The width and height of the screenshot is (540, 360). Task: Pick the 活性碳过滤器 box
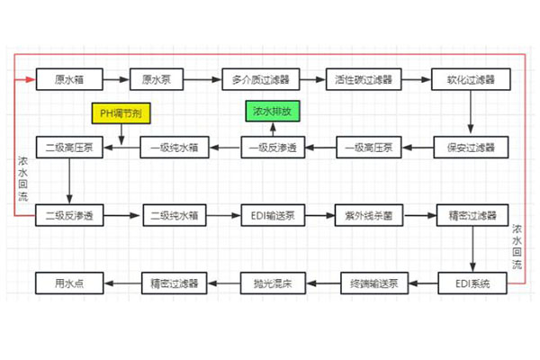pyautogui.click(x=364, y=79)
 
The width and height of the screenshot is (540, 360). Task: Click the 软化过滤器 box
pyautogui.click(x=471, y=79)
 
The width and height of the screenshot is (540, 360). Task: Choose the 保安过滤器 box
pyautogui.click(x=471, y=147)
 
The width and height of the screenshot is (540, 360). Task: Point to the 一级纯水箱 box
pyautogui.click(x=173, y=147)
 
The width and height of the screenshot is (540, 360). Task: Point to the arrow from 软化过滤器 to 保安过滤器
pyautogui.click(x=471, y=112)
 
